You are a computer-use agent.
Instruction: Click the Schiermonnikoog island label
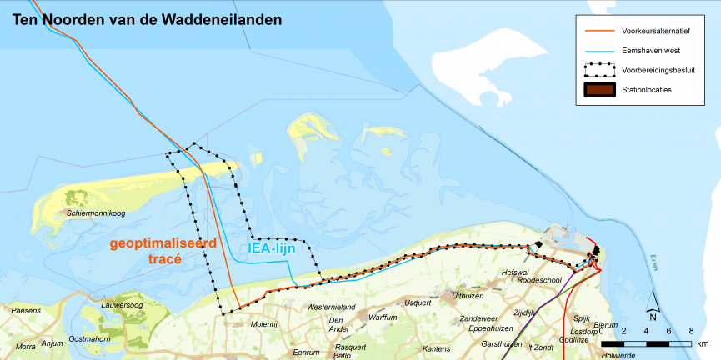pos(96,214)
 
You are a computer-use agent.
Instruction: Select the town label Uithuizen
pos(468,296)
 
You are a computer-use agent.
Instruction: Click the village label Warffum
pos(383,317)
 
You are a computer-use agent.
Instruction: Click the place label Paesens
pos(27,311)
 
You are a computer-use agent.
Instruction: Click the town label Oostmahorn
pos(89,338)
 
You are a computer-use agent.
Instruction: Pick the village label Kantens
pos(437,348)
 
